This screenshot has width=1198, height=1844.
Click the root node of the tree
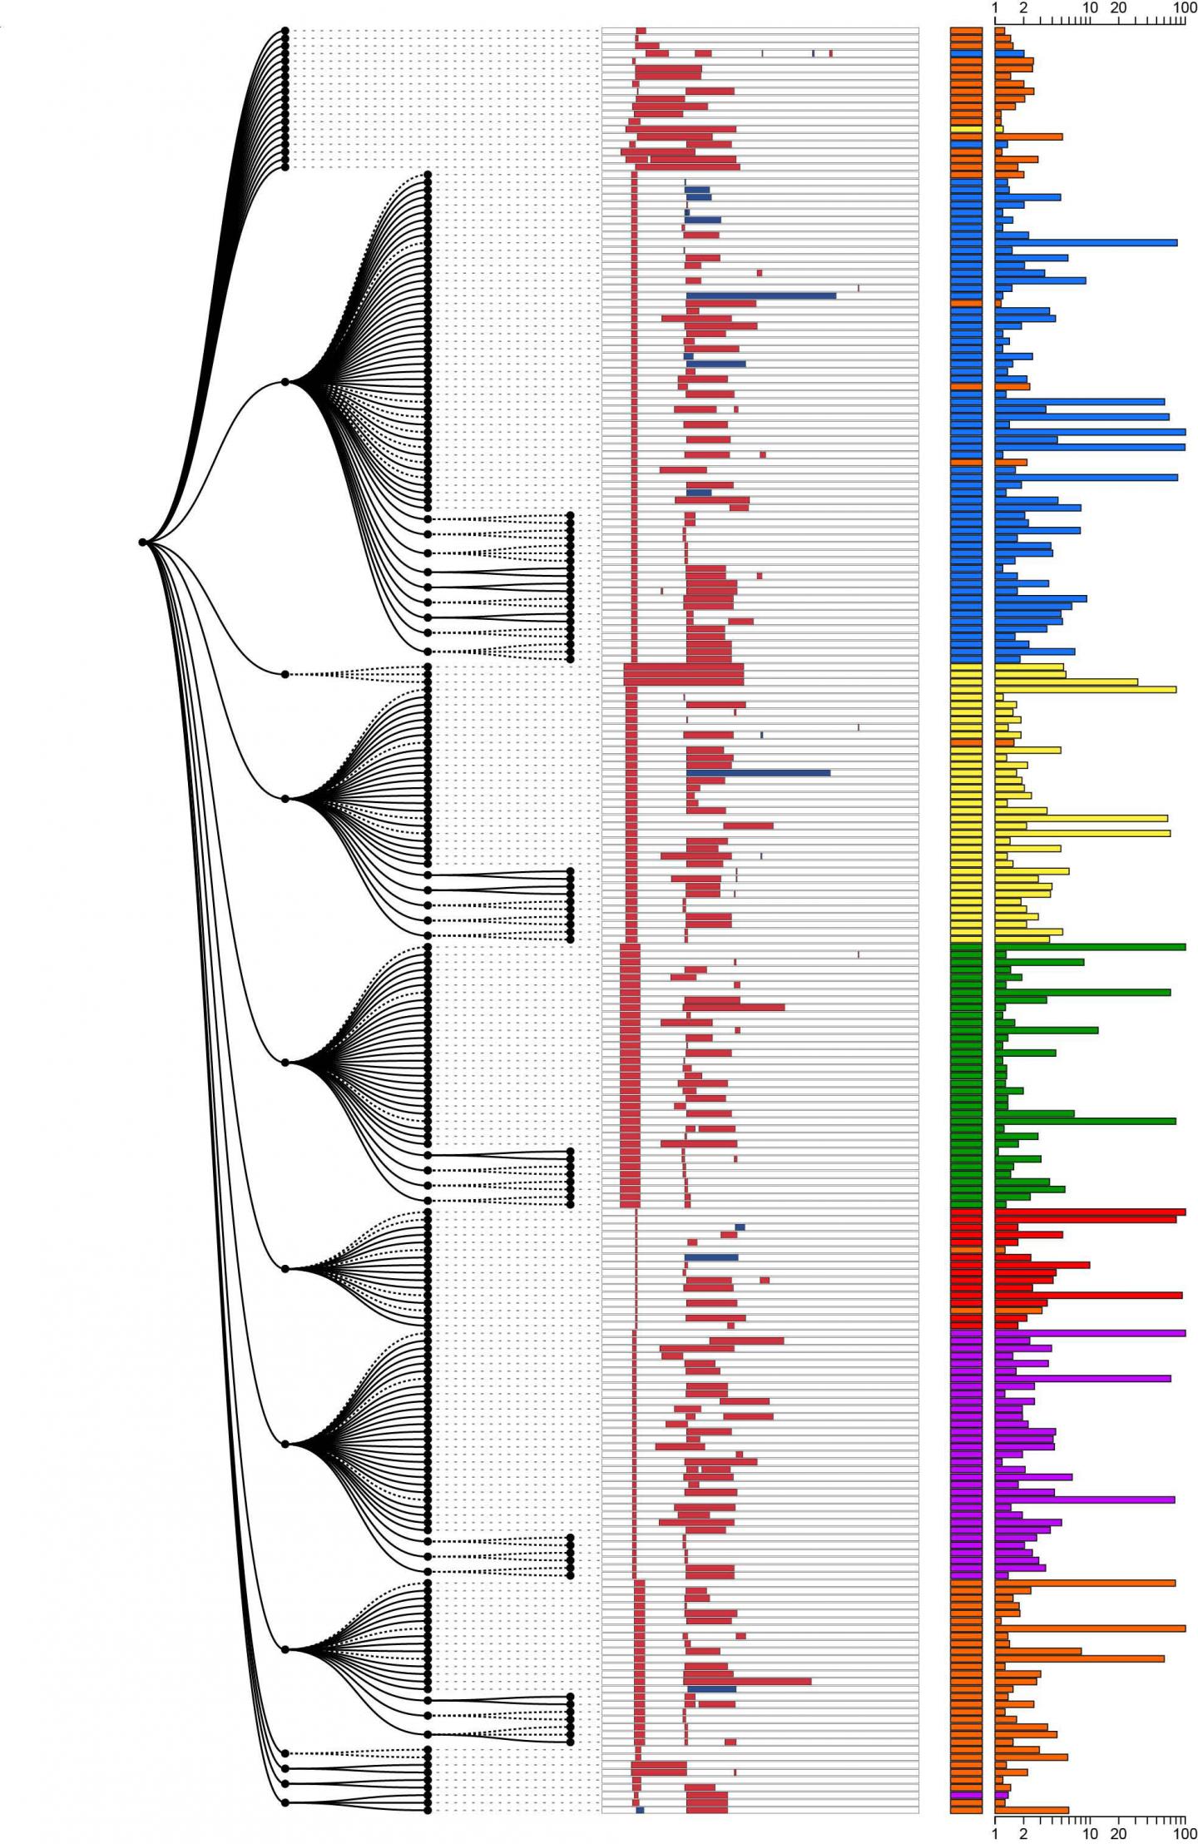[x=143, y=543]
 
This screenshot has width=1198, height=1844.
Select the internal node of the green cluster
[x=285, y=1063]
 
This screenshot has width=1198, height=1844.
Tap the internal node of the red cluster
[x=285, y=1268]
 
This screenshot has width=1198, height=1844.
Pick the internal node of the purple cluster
[x=285, y=1444]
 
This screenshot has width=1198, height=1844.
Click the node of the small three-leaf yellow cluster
[x=285, y=674]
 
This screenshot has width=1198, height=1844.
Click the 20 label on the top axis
[x=1119, y=8]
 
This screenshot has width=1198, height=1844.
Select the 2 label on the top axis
[x=1023, y=8]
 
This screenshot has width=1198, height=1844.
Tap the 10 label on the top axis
[x=1091, y=8]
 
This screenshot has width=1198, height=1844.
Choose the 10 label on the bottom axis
[x=1091, y=1834]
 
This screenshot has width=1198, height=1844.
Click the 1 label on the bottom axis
[x=995, y=1834]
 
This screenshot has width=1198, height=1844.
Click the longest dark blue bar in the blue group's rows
[x=760, y=295]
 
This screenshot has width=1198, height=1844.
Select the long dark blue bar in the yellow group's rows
[x=758, y=773]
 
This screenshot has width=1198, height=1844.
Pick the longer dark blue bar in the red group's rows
[x=711, y=1257]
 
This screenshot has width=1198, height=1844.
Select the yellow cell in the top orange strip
[x=967, y=129]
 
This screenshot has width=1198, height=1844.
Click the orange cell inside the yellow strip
[x=967, y=742]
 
